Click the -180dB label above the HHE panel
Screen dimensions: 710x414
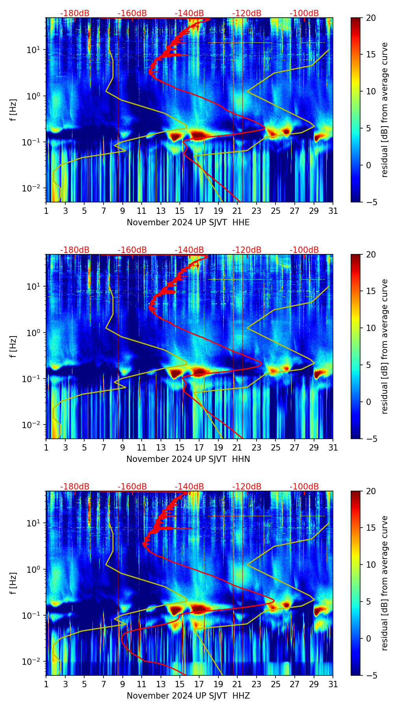[75, 13]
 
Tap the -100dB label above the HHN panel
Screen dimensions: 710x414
[304, 250]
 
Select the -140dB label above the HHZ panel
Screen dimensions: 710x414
[189, 487]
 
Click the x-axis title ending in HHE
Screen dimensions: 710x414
[188, 223]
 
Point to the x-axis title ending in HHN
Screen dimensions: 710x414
[188, 459]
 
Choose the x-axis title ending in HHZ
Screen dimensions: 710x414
[188, 696]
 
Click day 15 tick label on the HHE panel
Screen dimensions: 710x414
[180, 211]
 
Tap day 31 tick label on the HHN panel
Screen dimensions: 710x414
[333, 448]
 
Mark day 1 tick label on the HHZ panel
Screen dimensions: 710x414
[46, 684]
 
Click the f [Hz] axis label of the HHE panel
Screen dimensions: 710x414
[13, 110]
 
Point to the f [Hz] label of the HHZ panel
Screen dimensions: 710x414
[13, 583]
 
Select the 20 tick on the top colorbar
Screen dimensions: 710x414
[371, 18]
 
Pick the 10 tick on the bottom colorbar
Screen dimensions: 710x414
[371, 565]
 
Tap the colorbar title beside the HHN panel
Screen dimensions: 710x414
[385, 346]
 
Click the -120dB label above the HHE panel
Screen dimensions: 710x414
[247, 13]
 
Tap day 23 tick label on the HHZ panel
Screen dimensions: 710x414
[256, 684]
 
